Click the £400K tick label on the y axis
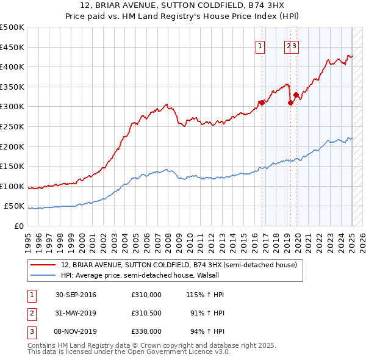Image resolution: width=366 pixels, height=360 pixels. pos(12,67)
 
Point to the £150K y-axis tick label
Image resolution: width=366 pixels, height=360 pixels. pos(12,166)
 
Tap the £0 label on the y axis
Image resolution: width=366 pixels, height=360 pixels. pos(18,226)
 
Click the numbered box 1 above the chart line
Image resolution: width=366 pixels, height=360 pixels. pos(260,45)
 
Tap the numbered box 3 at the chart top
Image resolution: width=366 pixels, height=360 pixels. pos(294,45)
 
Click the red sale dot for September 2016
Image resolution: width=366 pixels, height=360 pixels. pos(262,103)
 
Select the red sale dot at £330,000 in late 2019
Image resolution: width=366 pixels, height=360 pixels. pos(296,95)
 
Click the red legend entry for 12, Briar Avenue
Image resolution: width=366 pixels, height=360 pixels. pos(179,265)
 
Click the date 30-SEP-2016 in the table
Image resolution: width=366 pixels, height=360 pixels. pos(76,295)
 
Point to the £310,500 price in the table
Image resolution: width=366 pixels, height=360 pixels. pos(146,313)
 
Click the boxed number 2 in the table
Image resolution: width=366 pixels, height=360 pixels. pos(30,313)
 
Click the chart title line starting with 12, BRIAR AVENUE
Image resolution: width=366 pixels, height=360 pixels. pos(183,6)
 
